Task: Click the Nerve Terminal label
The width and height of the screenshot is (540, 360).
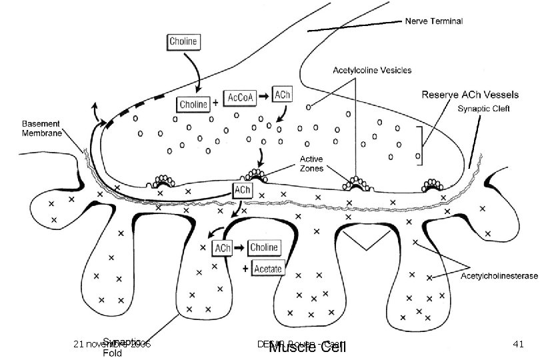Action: (434, 21)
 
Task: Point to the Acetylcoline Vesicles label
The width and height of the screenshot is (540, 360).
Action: (372, 69)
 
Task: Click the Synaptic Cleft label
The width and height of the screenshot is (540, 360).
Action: (484, 109)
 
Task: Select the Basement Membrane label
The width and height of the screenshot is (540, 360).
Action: (41, 128)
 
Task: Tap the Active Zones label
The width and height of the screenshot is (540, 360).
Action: (311, 164)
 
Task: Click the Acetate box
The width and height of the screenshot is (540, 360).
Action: (268, 269)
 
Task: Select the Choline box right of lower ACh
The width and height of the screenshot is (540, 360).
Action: (266, 247)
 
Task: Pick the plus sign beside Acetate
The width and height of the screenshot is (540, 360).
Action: (245, 269)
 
